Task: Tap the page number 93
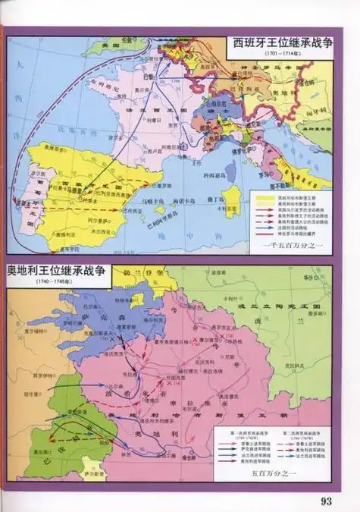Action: click(327, 500)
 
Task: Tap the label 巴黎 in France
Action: click(147, 77)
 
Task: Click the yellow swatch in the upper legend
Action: click(263, 195)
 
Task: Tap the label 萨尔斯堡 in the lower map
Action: click(91, 470)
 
